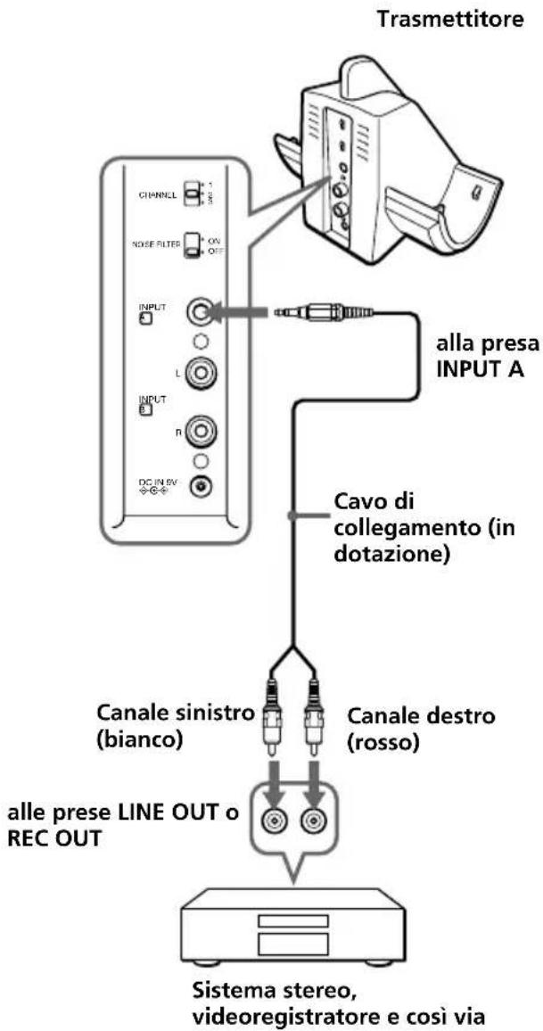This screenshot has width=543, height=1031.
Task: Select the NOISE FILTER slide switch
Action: (192, 244)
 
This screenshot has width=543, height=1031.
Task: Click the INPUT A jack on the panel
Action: (202, 312)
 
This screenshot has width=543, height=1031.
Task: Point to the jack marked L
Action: (202, 369)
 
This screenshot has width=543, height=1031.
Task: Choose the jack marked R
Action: (202, 434)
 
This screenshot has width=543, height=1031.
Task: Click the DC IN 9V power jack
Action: (203, 486)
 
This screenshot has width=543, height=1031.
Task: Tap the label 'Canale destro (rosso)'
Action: (401, 730)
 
